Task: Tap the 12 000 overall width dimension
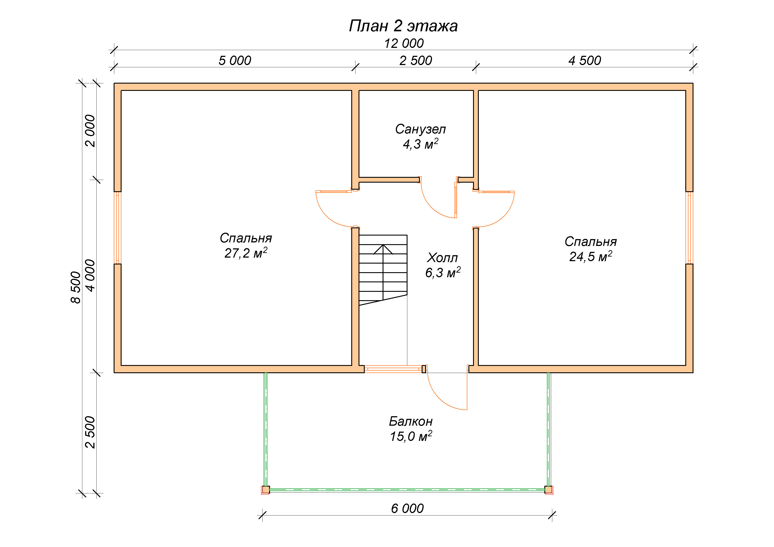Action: coord(404,43)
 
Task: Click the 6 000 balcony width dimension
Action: coord(407,508)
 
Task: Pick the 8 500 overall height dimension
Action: coord(76,287)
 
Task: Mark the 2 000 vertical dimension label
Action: coord(90,131)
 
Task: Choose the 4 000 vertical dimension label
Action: coord(90,275)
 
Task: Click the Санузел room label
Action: coord(420,129)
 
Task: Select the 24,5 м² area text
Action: coord(591,256)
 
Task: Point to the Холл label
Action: coord(442,258)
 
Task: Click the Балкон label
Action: coord(411,421)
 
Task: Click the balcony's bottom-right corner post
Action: coord(549,490)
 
